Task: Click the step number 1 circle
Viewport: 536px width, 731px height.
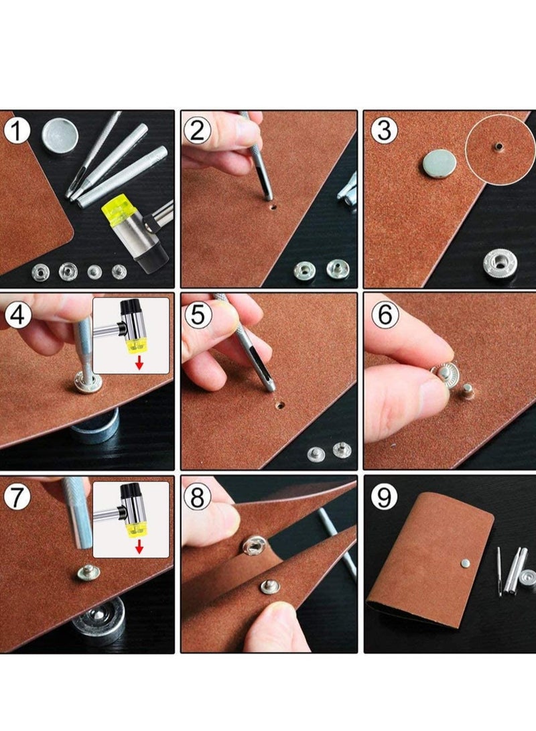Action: (x=17, y=131)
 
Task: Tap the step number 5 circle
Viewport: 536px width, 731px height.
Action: (x=198, y=315)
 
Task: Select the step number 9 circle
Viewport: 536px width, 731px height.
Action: (x=385, y=497)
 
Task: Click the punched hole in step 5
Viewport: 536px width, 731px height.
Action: (x=279, y=405)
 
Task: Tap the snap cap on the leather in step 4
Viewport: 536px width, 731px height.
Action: (x=88, y=383)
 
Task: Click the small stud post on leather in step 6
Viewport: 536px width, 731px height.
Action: (x=466, y=391)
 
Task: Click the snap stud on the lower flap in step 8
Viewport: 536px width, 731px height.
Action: (x=270, y=586)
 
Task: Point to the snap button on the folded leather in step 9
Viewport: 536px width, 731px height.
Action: (x=465, y=563)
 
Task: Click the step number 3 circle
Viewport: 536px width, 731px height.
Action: (x=385, y=131)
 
